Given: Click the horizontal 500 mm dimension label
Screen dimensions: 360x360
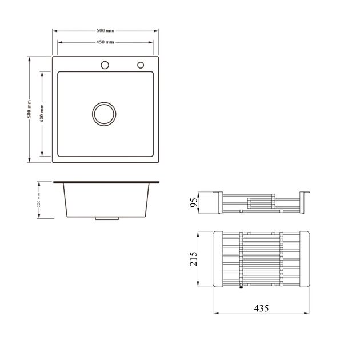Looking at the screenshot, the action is (x=105, y=30).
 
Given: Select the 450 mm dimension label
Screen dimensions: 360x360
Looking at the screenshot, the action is (x=105, y=42).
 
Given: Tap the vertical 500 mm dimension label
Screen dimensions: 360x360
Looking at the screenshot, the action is (x=29, y=109).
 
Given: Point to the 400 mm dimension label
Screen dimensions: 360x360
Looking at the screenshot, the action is (x=42, y=113).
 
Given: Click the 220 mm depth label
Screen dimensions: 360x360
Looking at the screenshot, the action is (x=39, y=200).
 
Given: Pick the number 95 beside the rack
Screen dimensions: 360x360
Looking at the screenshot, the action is (x=194, y=202).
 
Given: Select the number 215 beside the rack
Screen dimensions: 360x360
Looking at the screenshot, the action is (x=193, y=259).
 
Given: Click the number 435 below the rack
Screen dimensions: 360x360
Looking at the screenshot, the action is (x=261, y=308).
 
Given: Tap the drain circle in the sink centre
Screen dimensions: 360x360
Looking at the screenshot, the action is (x=104, y=114).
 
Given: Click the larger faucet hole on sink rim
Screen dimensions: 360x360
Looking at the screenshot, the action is (x=105, y=65).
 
